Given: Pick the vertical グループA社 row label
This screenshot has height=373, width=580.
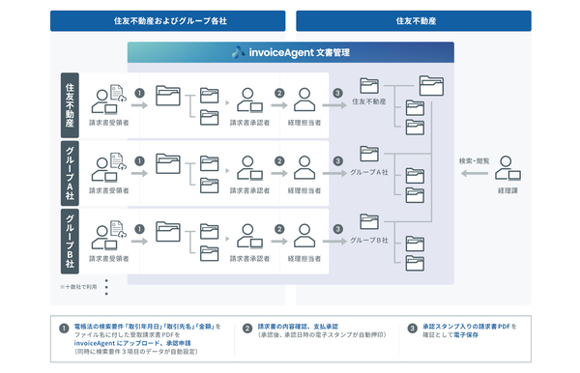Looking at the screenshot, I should coord(70,171).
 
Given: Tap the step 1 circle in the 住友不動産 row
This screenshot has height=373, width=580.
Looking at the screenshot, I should coord(139,95).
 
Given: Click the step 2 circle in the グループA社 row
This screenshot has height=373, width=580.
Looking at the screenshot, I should coord(279,159).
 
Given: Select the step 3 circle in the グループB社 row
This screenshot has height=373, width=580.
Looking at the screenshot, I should coord(337,226).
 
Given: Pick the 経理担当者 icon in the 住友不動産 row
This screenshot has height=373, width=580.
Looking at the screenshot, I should coord(305,98).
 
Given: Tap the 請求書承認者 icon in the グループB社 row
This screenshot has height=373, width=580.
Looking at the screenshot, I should coord(247,228).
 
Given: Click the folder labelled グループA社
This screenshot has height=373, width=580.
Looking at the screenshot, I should coord(369,154).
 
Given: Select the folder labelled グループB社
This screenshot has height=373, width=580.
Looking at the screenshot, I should coord(369,221).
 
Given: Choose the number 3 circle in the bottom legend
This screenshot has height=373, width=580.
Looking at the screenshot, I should coord(412,327).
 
